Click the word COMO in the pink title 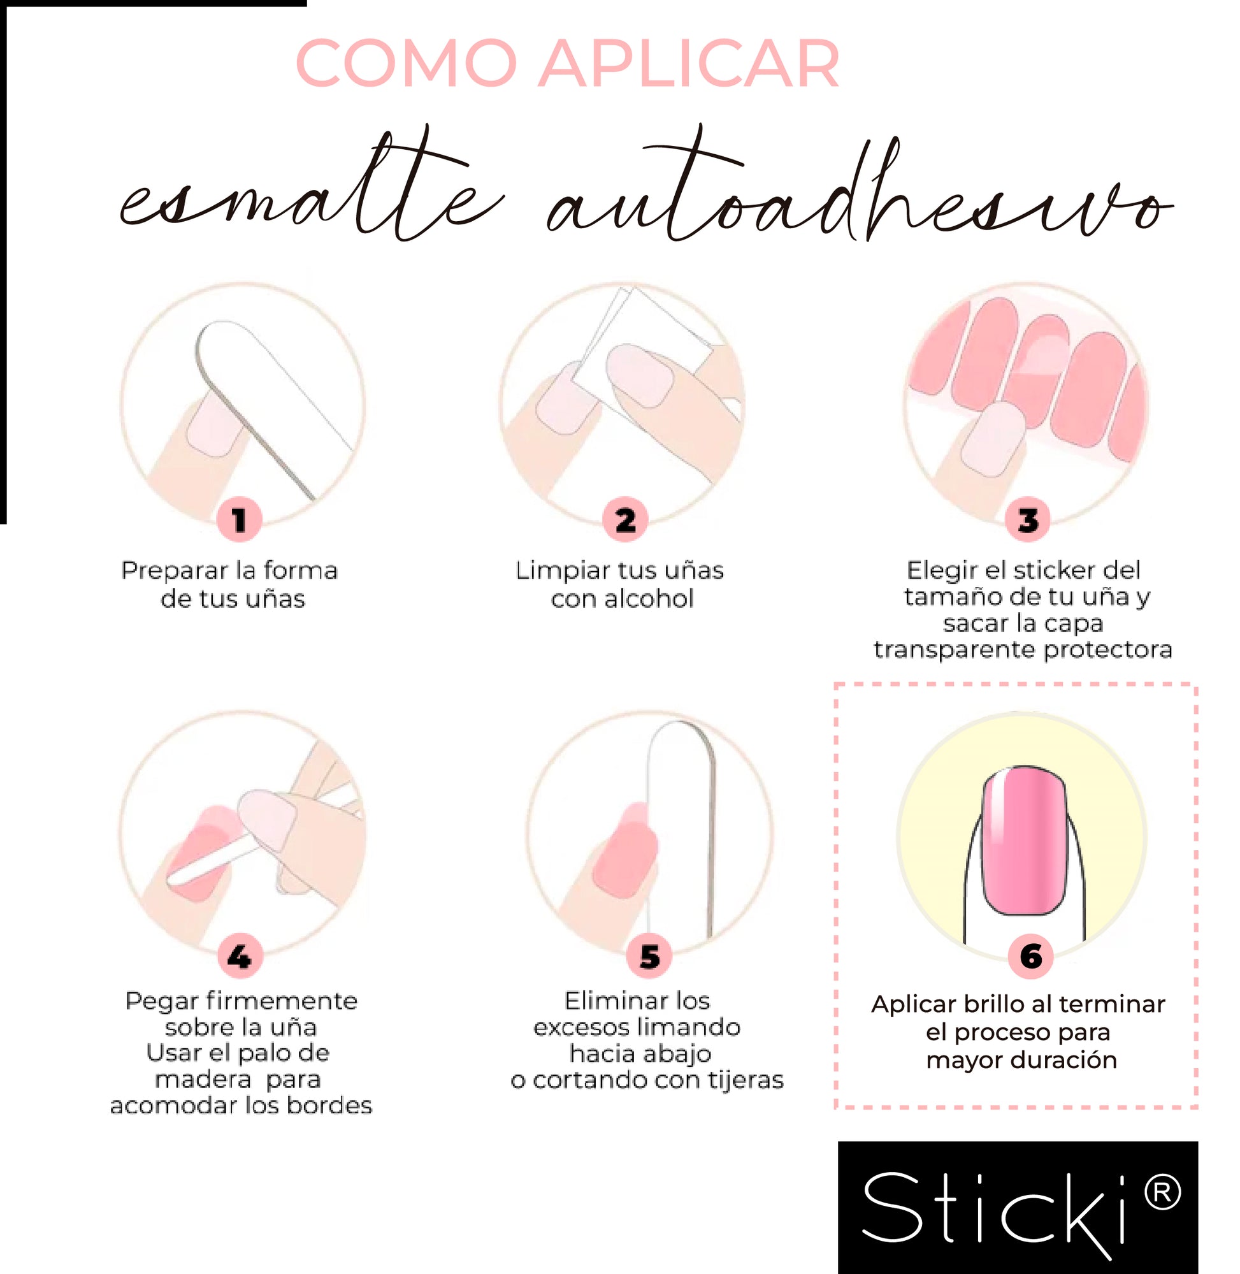coord(407,63)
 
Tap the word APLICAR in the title coord(689,63)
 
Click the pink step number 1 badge coord(239,520)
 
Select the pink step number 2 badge coord(625,520)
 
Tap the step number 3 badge coord(1028,520)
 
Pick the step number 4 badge coord(239,957)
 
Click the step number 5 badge coord(649,957)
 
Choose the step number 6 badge coord(1031,957)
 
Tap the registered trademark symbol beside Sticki coord(1161,1193)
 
